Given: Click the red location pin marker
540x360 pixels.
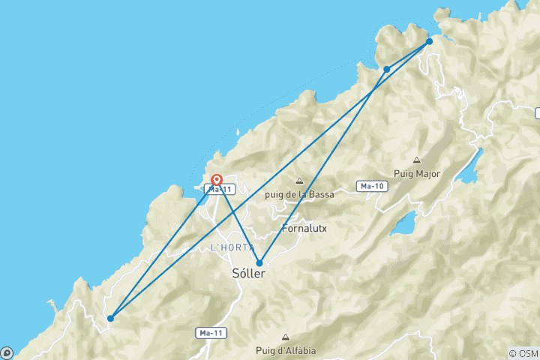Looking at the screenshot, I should [x=217, y=180].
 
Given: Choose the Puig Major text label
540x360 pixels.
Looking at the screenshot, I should [x=418, y=174].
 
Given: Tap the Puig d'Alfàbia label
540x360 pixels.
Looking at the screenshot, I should [x=286, y=352].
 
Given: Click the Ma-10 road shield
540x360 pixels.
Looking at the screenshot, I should [x=373, y=185].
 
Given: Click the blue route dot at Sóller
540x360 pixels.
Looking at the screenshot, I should [x=259, y=263].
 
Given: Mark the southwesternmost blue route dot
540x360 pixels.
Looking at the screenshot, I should [x=110, y=318].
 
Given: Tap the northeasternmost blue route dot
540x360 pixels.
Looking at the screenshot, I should [x=429, y=41].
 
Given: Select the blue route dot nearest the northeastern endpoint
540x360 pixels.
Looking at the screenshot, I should [x=386, y=69].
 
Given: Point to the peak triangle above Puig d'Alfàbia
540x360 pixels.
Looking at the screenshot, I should [x=285, y=338].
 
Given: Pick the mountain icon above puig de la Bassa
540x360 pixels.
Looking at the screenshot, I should [x=299, y=181].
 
